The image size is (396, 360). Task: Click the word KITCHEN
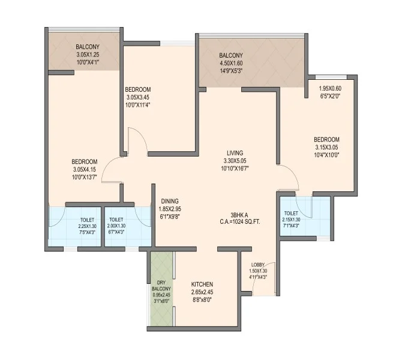(202, 284)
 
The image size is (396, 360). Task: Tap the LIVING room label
(235, 153)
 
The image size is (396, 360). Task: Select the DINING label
(170, 201)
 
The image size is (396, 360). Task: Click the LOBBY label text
(258, 265)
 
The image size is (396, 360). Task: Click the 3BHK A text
(239, 215)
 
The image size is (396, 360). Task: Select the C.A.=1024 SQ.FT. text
(239, 222)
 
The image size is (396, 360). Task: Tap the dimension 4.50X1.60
(231, 63)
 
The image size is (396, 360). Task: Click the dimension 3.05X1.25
(88, 55)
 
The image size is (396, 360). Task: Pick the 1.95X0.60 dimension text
(330, 88)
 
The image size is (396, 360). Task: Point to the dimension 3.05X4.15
(85, 169)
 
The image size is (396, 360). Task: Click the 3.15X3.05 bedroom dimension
(326, 147)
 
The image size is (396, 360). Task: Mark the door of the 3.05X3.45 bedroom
(137, 141)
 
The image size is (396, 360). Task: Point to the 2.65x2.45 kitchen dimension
(202, 292)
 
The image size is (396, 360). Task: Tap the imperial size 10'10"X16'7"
(235, 168)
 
